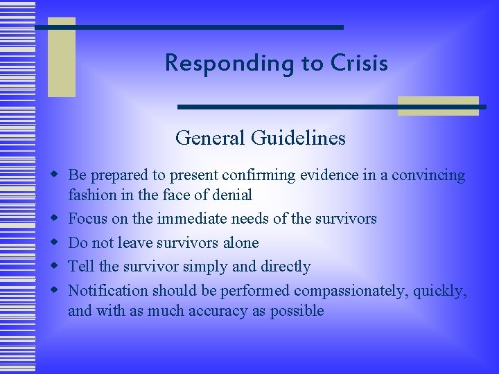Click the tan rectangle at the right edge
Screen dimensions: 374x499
(438, 106)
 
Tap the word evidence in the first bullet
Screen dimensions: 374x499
(327, 175)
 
